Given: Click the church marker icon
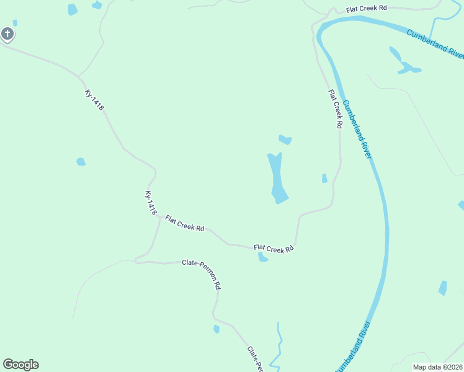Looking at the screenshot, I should click(7, 33).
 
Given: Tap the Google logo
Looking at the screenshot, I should click(20, 365).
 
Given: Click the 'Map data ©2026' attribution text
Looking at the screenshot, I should click(437, 367).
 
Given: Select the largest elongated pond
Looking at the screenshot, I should click(277, 179).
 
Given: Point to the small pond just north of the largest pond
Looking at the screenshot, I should click(285, 139).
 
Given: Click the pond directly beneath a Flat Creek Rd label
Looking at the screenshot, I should click(263, 257).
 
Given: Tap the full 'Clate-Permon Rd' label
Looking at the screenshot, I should click(202, 273).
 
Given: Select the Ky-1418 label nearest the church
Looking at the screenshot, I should click(94, 100).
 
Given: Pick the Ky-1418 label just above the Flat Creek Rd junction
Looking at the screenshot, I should click(151, 203).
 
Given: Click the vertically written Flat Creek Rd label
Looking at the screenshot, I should click(336, 108).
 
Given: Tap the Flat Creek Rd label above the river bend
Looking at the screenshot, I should click(367, 8).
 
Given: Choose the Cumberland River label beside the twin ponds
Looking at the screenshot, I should click(435, 43).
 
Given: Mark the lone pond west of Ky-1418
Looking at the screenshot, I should click(81, 162).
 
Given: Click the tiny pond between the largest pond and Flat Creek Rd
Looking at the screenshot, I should click(324, 179).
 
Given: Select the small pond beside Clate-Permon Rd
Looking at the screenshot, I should click(216, 329).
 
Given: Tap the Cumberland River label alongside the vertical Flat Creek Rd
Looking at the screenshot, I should click(357, 130).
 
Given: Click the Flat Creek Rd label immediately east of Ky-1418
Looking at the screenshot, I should click(184, 226).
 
